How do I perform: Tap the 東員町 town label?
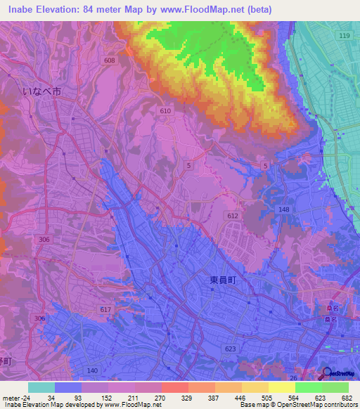coord(220,278)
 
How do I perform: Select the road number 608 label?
coord(109,61)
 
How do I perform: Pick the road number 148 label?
coord(283,209)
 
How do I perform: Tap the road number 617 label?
coord(105,309)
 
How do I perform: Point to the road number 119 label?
coord(343,35)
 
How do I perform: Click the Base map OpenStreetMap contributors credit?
coord(297,405)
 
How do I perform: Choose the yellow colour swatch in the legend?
coord(281,387)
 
